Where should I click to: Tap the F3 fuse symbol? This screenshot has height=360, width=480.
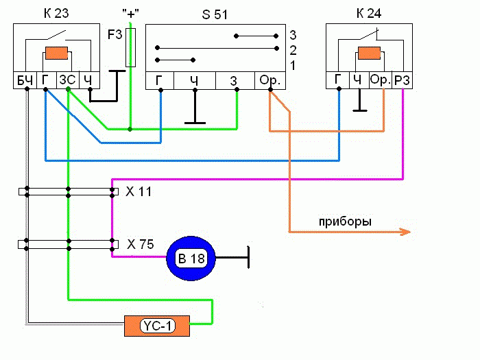pos(131,47)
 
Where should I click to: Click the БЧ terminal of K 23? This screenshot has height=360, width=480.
pos(25,81)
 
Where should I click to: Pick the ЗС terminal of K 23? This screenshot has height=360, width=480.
pos(67,81)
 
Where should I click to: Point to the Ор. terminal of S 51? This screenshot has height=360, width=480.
pos(270,81)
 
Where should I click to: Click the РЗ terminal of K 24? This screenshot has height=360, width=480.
pos(402,80)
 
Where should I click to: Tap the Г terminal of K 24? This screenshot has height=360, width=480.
pos(338,80)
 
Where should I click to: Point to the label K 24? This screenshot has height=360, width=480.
pos(370,12)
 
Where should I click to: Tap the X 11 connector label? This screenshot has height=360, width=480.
pos(140,191)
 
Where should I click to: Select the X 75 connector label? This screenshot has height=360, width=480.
pos(140,243)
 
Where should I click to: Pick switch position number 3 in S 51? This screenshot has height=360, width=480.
pos(292,34)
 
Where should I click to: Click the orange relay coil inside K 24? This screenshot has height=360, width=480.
pos(370,53)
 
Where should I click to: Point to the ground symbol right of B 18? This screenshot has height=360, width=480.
pos(247,258)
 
